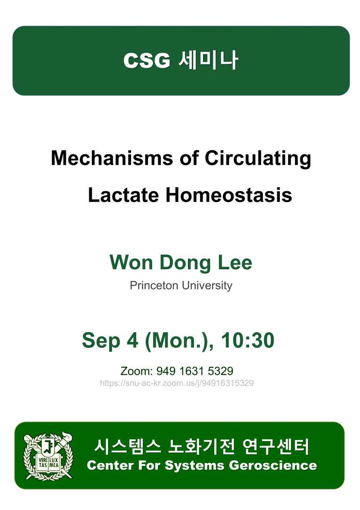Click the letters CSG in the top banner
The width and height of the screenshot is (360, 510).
(x=147, y=60)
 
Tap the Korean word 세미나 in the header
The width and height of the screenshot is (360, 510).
(x=209, y=60)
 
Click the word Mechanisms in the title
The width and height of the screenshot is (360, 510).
(x=112, y=158)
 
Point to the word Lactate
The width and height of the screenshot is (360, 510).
(x=123, y=195)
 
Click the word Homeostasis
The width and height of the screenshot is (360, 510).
(x=229, y=195)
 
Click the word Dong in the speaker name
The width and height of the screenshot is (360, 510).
(x=185, y=263)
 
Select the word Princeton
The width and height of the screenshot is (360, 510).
(x=154, y=285)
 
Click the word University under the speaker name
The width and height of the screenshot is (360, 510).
(x=207, y=286)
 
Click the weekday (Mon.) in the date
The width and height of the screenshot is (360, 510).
(x=179, y=341)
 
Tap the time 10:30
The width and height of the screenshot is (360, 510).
(x=248, y=340)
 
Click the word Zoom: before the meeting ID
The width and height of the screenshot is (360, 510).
(x=137, y=371)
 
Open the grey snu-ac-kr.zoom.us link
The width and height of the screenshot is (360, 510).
(x=177, y=383)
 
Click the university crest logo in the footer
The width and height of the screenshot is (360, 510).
(x=48, y=456)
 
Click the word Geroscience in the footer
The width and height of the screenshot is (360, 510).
(x=273, y=466)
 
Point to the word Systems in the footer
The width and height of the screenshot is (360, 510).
(x=194, y=466)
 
